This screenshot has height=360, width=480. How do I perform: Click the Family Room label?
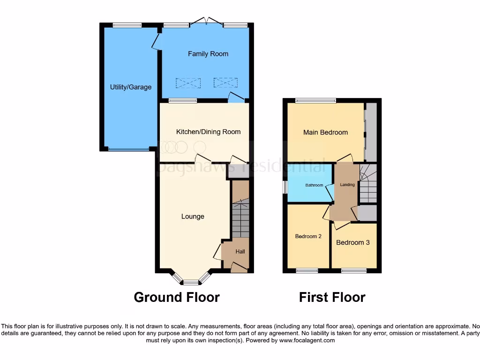(x=208, y=54)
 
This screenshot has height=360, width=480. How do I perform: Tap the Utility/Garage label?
(x=131, y=87)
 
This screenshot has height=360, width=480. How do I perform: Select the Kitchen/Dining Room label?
(x=208, y=132)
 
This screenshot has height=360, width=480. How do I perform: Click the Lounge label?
(x=193, y=217)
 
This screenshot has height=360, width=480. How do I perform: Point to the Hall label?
(x=240, y=252)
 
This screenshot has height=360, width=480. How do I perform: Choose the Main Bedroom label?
(x=325, y=132)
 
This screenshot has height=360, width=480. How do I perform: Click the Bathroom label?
(x=314, y=185)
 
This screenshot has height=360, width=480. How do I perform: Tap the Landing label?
(x=347, y=185)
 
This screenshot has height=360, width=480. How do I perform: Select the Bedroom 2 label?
(x=308, y=236)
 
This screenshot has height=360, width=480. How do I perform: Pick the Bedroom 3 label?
(x=353, y=242)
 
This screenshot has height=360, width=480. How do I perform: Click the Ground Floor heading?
(x=177, y=297)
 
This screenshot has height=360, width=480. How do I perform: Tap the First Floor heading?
(x=332, y=297)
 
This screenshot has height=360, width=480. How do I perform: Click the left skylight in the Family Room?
(x=188, y=83)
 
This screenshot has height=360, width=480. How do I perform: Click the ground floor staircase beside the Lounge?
(x=240, y=218)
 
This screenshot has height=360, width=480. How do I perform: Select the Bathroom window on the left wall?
(x=285, y=187)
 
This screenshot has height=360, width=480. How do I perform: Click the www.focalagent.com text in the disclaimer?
(x=307, y=341)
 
